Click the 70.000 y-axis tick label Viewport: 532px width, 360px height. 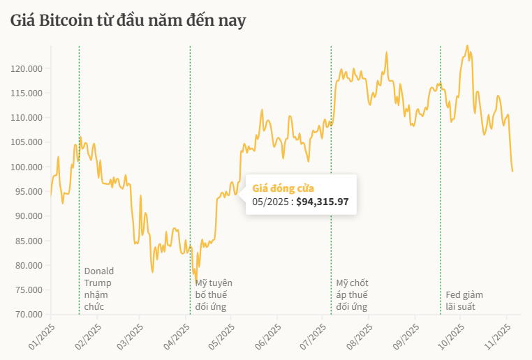coord(29,315)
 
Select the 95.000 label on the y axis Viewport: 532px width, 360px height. coord(29,192)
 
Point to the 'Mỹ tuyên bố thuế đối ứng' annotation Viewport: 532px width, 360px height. coord(214,294)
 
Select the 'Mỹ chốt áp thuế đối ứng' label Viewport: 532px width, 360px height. coord(352,294)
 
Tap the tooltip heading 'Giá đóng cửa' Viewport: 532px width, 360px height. coord(283,188)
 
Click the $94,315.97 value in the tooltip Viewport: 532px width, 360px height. coord(322,202)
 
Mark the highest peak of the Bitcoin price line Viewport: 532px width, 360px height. coord(467,46)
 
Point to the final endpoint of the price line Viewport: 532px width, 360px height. coord(512,172)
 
